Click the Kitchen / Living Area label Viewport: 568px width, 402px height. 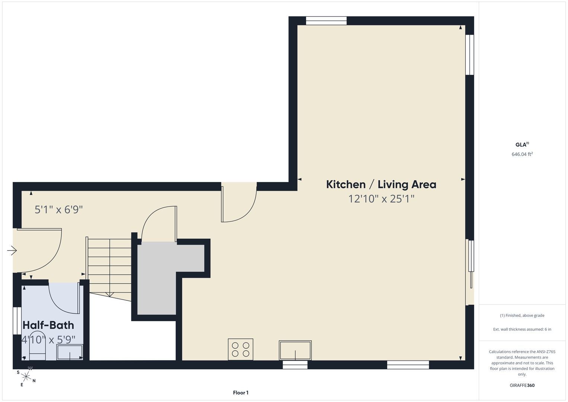(x=381, y=185)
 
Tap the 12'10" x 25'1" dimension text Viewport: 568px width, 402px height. (x=381, y=199)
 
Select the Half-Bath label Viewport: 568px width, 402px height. (x=48, y=325)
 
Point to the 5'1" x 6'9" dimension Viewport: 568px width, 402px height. (x=58, y=210)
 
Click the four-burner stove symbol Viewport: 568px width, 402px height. (x=240, y=349)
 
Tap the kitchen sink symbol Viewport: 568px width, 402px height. (x=295, y=350)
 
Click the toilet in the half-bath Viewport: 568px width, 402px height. (x=38, y=345)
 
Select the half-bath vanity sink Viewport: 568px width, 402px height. (x=70, y=352)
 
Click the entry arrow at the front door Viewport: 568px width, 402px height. (x=12, y=251)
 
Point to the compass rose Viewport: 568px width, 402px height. (x=26, y=377)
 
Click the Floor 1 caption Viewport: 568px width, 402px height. (x=241, y=393)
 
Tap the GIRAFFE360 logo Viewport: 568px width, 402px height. (x=522, y=385)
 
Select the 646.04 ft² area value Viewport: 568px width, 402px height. (x=522, y=154)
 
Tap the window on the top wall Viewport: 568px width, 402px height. (x=326, y=21)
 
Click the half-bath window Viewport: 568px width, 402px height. (x=17, y=321)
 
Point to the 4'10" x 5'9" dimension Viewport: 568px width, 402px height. (x=48, y=339)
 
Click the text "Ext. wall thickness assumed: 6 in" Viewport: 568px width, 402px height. (x=522, y=329)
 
